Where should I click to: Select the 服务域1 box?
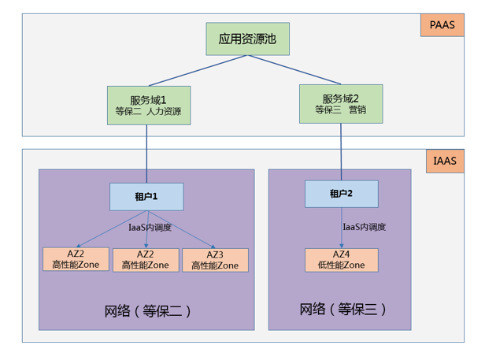tap(149, 106)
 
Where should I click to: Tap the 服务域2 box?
tap(341, 104)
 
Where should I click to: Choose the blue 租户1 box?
tap(146, 196)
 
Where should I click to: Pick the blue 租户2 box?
tap(341, 193)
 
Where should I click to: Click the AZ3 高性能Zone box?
tap(215, 260)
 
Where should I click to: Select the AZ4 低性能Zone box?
tap(341, 260)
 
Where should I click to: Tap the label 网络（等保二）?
tap(148, 310)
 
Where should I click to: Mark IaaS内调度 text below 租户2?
tap(365, 227)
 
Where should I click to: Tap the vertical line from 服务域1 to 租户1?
tap(147, 154)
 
